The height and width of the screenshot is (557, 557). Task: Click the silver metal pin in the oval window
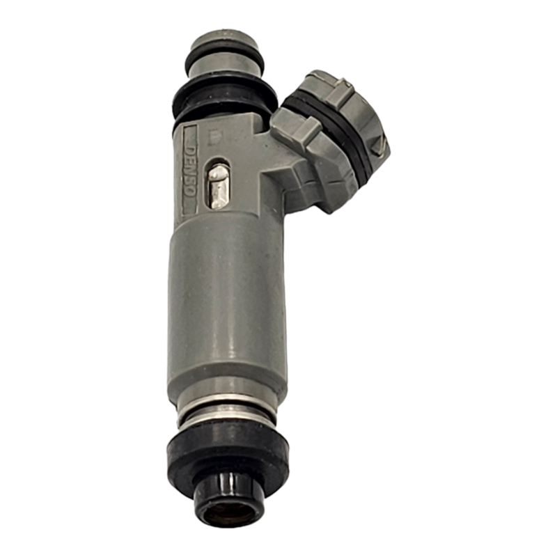219,186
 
